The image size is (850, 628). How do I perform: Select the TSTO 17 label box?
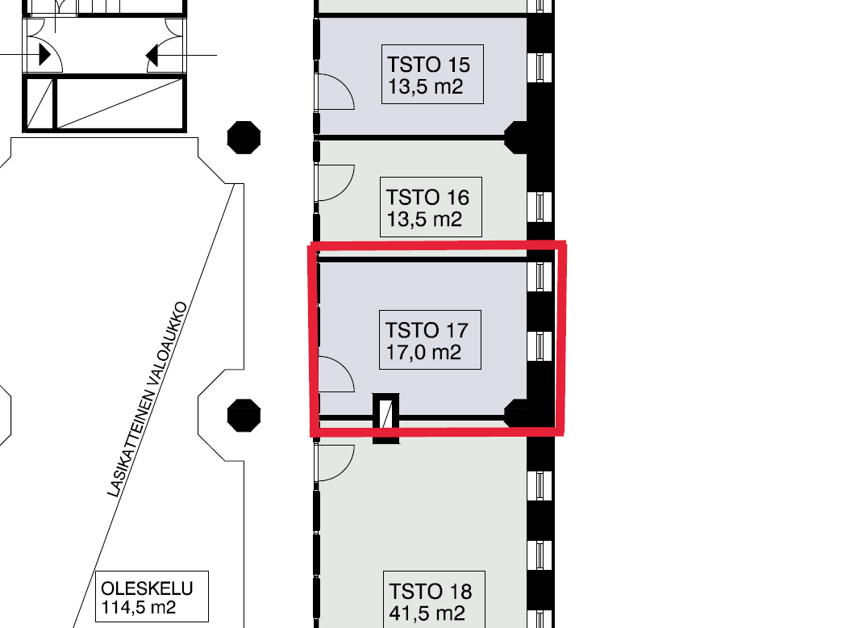tap(430, 341)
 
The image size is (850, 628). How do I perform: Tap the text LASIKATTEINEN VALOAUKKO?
tap(148, 400)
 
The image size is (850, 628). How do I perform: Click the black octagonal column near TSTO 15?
tap(244, 137)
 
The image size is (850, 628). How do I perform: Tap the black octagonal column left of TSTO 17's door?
tap(244, 416)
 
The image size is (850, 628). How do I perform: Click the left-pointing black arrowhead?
tap(152, 56)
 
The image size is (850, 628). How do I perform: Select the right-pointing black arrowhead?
tap(45, 55)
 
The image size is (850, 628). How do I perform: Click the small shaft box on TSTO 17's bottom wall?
tap(386, 418)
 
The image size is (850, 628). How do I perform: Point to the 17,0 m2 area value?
tap(423, 352)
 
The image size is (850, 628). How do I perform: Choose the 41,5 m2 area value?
tap(427, 613)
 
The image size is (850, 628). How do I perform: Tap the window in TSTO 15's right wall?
tap(540, 67)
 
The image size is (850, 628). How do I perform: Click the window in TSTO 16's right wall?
tap(540, 207)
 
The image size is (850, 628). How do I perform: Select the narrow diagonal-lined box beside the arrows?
tap(40, 103)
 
